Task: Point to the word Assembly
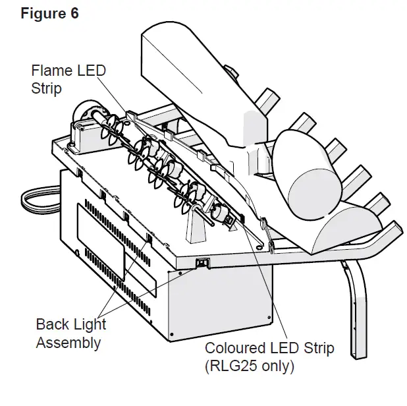(x=68, y=342)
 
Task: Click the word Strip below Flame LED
(x=47, y=87)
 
